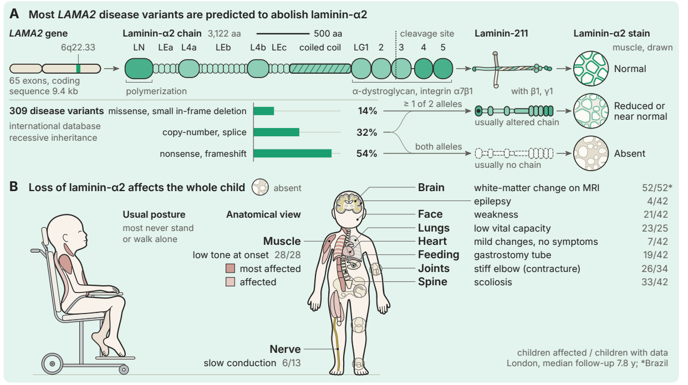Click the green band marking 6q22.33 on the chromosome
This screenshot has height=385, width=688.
tap(78, 69)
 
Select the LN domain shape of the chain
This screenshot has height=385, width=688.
tap(139, 69)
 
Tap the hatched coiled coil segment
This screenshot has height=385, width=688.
tap(320, 69)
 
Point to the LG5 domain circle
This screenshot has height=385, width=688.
tap(443, 69)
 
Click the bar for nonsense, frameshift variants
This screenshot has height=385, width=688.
tap(292, 153)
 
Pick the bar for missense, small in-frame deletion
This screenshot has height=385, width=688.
tap(264, 111)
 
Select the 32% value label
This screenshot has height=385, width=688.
tap(366, 132)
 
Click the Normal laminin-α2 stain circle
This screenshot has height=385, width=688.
tap(591, 69)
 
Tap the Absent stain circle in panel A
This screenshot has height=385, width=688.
tap(591, 153)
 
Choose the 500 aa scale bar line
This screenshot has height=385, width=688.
tap(283, 33)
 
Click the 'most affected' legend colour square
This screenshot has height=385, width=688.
tap(231, 269)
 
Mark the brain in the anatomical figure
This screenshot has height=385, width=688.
tap(349, 203)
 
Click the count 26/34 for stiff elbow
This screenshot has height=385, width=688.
tap(655, 269)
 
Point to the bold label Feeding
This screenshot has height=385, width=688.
tap(439, 254)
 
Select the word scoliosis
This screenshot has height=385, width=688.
tap(493, 282)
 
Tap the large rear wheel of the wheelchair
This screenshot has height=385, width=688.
tap(52, 364)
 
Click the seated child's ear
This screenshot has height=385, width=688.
tap(67, 238)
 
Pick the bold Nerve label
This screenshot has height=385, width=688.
tap(285, 349)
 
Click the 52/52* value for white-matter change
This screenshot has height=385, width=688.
tap(657, 188)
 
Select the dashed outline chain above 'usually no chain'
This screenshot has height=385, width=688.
tap(514, 153)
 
